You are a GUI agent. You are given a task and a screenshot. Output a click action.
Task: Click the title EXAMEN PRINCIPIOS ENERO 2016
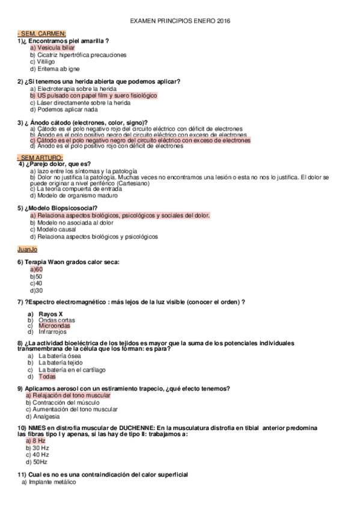tap(180, 20)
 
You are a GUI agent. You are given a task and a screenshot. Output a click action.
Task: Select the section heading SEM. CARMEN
tap(42, 33)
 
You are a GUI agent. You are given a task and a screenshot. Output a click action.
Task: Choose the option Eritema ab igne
tap(54, 69)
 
